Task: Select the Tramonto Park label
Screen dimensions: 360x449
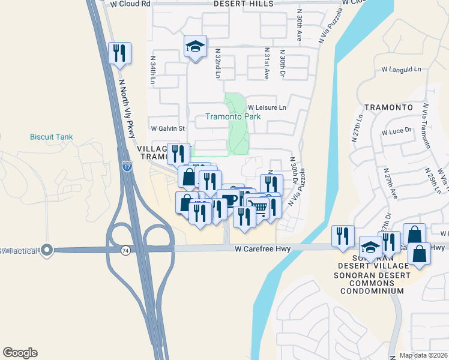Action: [x=233, y=116]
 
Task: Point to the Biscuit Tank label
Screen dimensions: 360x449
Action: [x=51, y=137]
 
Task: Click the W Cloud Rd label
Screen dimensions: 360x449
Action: [x=131, y=4]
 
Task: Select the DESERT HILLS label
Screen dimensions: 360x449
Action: [x=244, y=4]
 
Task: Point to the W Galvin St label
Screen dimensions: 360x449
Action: [x=168, y=128]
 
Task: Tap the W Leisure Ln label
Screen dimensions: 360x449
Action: [x=267, y=107]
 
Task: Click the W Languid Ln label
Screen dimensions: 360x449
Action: [x=401, y=70]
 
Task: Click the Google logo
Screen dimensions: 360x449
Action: [x=20, y=353]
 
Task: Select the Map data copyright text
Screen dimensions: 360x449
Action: [x=423, y=355]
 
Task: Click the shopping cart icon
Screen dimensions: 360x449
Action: [x=258, y=208]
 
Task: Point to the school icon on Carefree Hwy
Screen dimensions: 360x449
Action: [x=370, y=247]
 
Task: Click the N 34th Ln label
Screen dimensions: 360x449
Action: [x=153, y=71]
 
